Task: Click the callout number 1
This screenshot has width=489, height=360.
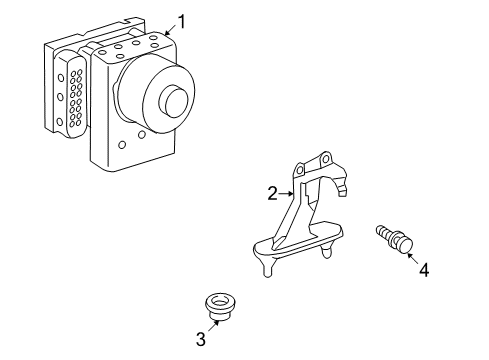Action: click(181, 22)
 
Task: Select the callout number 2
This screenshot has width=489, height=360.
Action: click(272, 193)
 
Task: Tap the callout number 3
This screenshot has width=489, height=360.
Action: click(201, 339)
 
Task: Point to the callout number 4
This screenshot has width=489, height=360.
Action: click(424, 269)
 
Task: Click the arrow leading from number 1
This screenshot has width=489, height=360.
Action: click(171, 30)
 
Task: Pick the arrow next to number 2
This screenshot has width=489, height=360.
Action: click(286, 193)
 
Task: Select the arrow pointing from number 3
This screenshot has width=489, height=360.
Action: click(214, 325)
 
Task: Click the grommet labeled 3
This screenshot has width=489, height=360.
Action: click(220, 307)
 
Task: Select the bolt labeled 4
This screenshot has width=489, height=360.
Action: click(395, 239)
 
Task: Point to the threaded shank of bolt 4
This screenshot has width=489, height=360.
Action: click(385, 232)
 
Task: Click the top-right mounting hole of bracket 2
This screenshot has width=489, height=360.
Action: click(326, 158)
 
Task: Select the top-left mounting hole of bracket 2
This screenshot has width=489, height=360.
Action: click(300, 170)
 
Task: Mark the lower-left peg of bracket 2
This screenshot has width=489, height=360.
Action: click(267, 268)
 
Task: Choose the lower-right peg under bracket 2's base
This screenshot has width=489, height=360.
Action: click(327, 251)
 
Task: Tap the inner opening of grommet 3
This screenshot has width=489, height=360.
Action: click(220, 302)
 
